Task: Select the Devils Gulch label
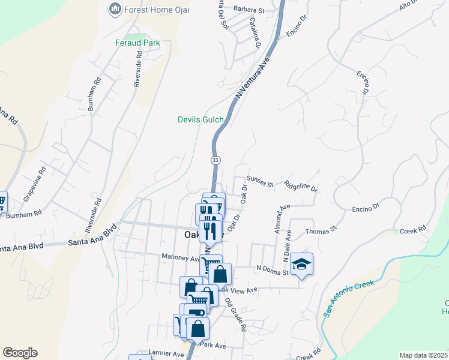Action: (200, 119)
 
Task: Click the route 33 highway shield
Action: (215, 160)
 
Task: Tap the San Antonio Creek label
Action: (349, 299)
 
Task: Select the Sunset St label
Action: (260, 179)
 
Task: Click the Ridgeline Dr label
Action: (301, 187)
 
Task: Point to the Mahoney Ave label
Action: (180, 257)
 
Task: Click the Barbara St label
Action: (249, 11)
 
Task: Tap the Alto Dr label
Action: (409, 7)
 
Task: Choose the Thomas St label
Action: (322, 229)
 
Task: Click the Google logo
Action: (20, 353)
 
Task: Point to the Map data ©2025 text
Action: (423, 355)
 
